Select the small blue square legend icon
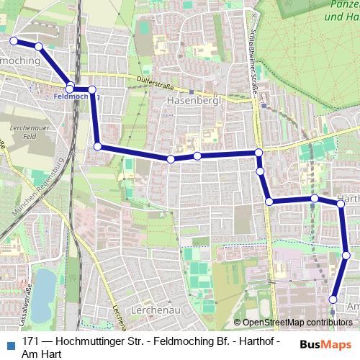[10, 343]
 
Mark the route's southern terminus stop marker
[333, 300]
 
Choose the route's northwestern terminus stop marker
[13, 41]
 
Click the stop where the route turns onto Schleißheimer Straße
[258, 153]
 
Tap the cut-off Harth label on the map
[349, 197]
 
